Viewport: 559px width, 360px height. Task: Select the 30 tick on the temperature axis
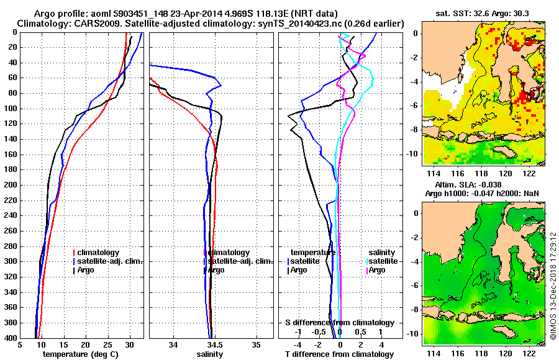pos(130,346)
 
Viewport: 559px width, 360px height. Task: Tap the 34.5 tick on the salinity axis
pos(214,346)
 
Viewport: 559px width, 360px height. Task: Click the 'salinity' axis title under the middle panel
pos(209,354)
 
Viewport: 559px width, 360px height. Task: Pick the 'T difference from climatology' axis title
pos(339,354)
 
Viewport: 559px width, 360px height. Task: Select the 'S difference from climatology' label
pos(339,323)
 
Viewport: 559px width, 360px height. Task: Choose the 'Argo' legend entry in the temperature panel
pos(86,270)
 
